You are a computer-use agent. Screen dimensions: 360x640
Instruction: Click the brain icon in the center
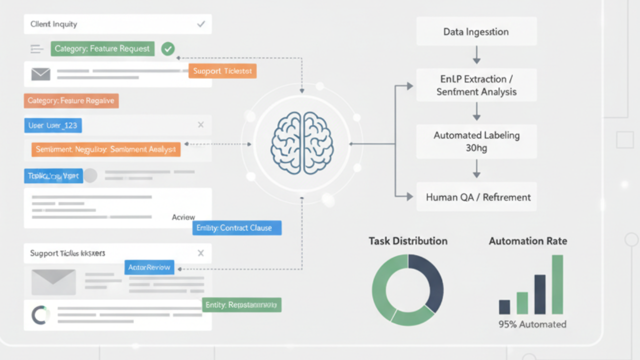(x=301, y=143)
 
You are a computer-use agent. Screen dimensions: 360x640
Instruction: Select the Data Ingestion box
(x=476, y=32)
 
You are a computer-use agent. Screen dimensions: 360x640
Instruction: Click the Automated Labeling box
(x=476, y=141)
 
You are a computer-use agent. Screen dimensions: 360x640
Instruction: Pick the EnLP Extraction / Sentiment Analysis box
(x=476, y=85)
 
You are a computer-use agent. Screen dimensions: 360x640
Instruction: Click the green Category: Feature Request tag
(x=102, y=48)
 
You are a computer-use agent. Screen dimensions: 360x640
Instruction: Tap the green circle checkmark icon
(x=168, y=48)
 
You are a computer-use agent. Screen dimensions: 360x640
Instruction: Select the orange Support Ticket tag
(x=222, y=71)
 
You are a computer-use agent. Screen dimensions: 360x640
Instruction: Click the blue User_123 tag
(x=53, y=125)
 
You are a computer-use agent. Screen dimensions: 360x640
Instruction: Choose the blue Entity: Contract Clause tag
(x=237, y=228)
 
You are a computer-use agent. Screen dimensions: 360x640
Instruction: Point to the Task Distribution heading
(x=408, y=241)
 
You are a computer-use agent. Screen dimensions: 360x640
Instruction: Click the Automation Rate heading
(x=528, y=241)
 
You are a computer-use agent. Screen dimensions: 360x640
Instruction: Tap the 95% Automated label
(x=532, y=324)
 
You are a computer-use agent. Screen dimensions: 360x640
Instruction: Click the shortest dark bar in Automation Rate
(x=504, y=306)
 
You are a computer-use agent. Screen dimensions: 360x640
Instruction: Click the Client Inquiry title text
(x=53, y=24)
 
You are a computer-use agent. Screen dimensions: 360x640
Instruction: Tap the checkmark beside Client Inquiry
(x=201, y=24)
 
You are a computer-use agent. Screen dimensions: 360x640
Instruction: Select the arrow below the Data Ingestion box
(x=476, y=54)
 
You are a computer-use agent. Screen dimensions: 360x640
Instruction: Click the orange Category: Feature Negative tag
(x=71, y=101)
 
